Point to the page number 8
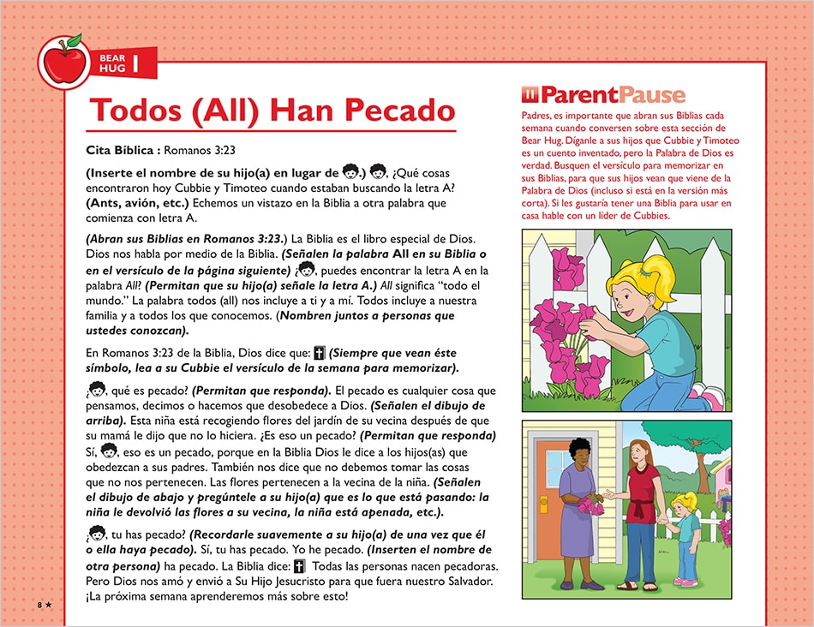tap(39, 605)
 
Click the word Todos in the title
tap(129, 110)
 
